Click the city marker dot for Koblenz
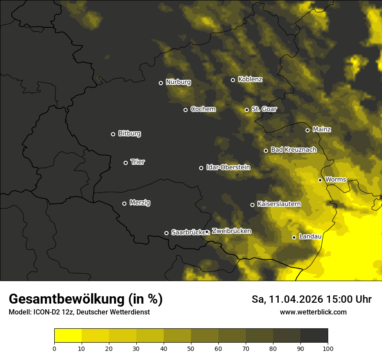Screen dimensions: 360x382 [233, 80]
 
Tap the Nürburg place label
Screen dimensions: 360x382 [178, 82]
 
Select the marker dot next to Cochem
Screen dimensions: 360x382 [185, 110]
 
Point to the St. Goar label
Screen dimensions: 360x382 [264, 109]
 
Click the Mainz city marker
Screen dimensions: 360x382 [307, 130]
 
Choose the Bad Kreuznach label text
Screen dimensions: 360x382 [293, 150]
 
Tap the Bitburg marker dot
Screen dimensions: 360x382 [113, 134]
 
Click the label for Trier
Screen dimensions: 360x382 [138, 162]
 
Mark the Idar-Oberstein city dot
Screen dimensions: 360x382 [201, 168]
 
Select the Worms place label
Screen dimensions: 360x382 [335, 179]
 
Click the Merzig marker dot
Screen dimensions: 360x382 [124, 203]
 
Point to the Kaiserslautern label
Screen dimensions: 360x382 [279, 204]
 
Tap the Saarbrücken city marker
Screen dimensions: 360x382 [166, 233]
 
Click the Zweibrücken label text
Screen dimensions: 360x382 [231, 231]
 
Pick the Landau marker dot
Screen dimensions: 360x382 [294, 237]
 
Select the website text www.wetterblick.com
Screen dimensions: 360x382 [313, 312]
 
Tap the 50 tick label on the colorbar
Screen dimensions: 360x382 [191, 348]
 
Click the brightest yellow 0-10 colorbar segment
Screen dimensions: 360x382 [68, 336]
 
